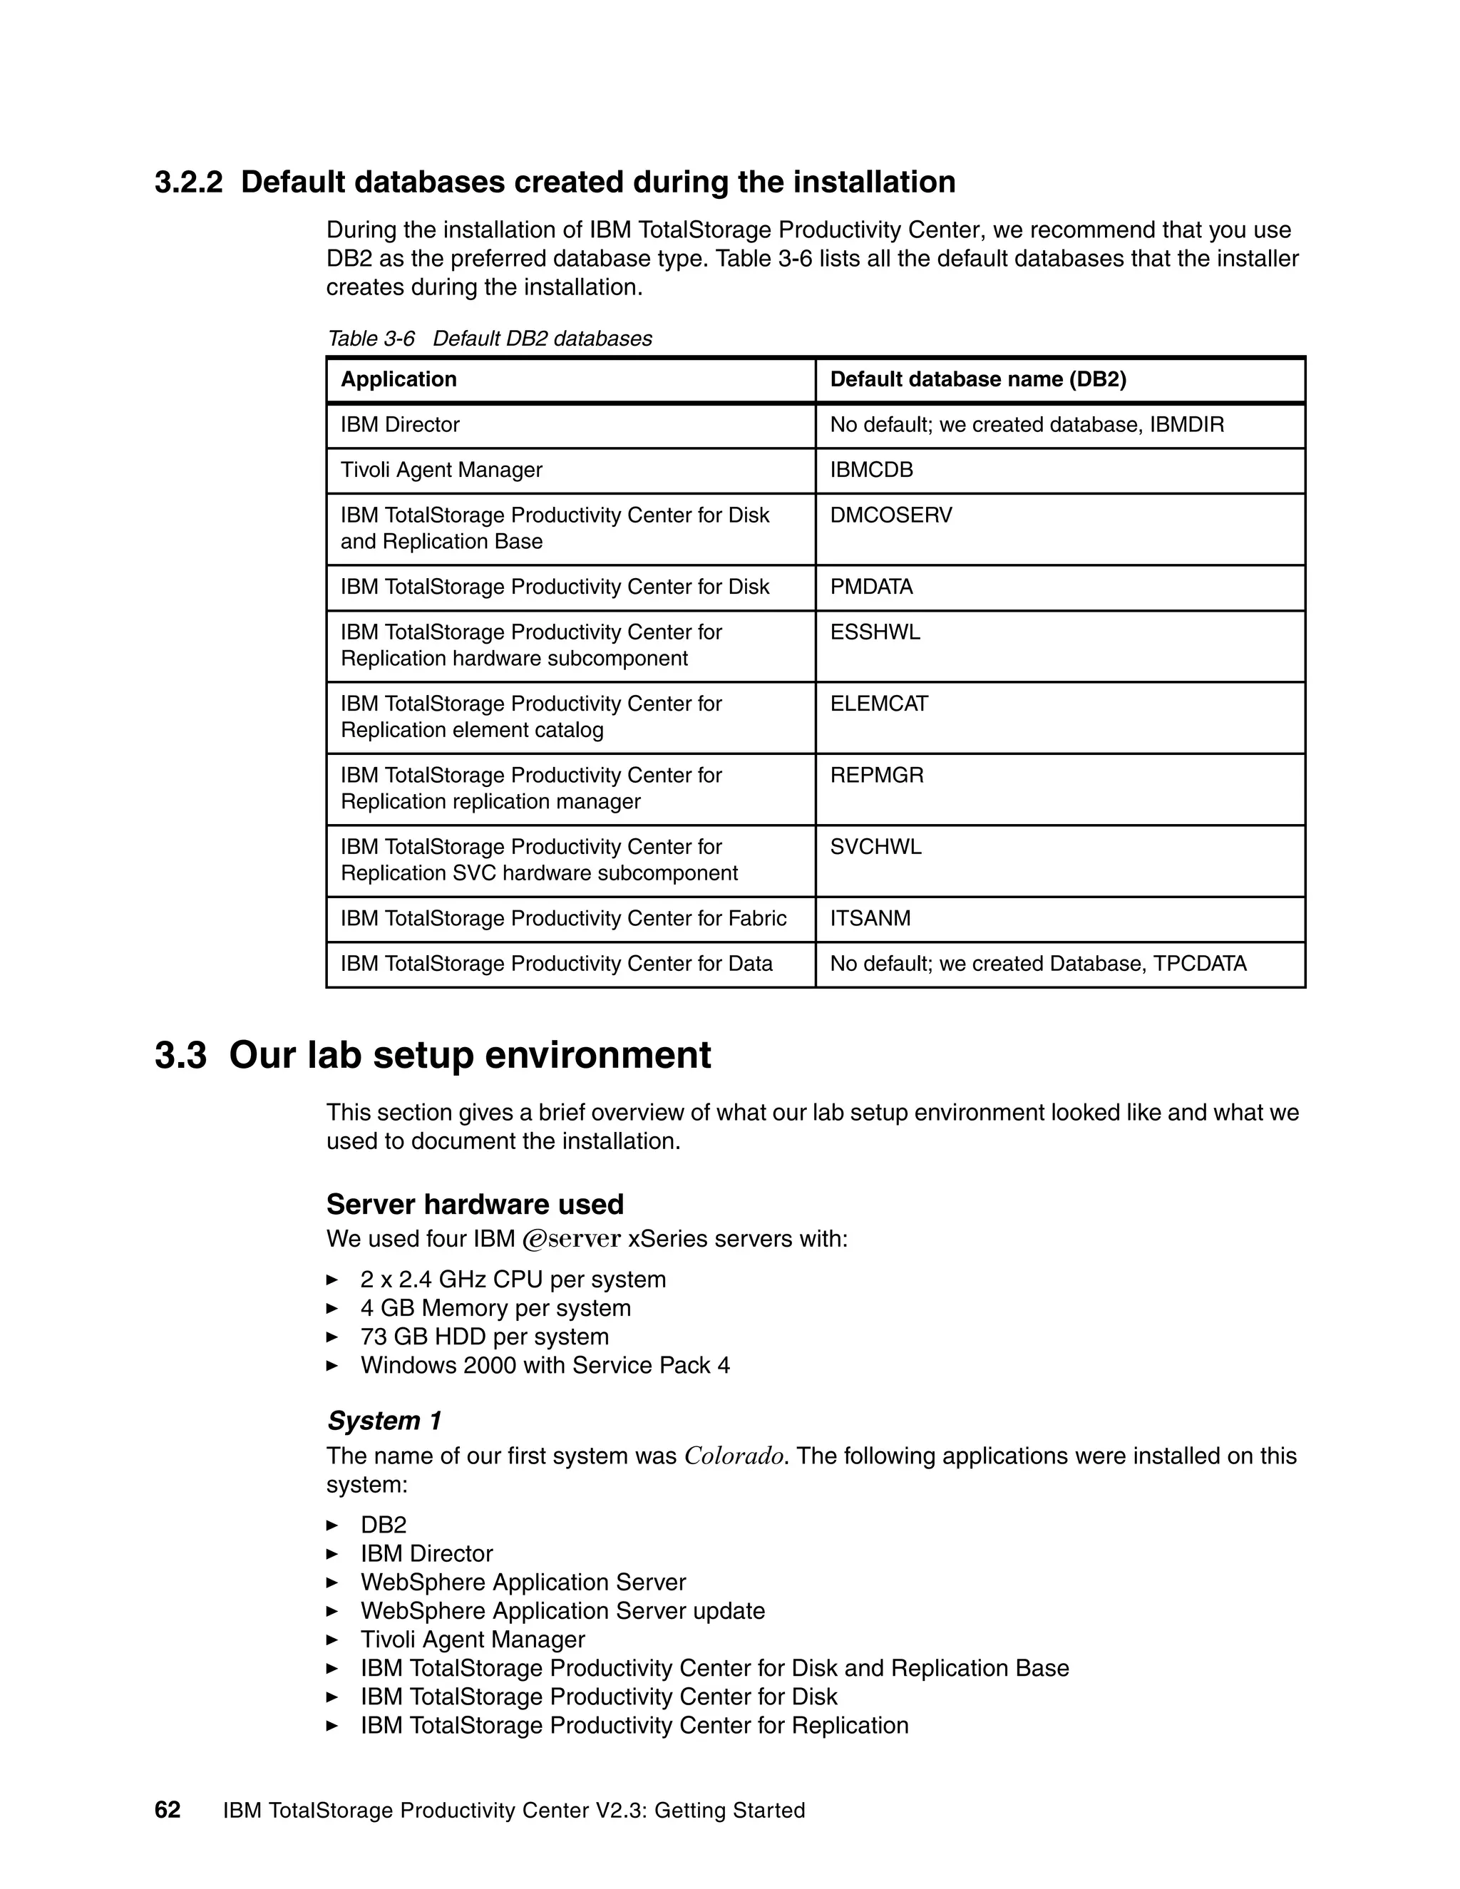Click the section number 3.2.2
click(x=187, y=182)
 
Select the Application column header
click(x=399, y=380)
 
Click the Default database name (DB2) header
click(x=977, y=380)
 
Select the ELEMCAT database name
click(x=879, y=704)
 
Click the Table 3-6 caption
click(x=490, y=339)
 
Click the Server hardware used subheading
click(x=475, y=1205)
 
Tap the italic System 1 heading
click(x=384, y=1421)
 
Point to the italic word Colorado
click(x=734, y=1456)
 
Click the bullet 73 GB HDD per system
click(x=484, y=1337)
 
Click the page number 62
click(x=167, y=1811)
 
